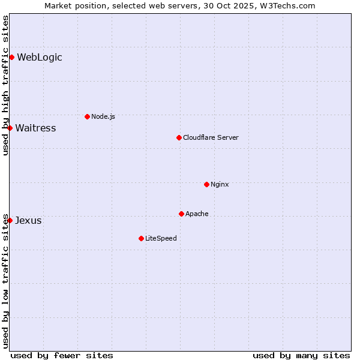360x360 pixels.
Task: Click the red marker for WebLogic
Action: (x=11, y=57)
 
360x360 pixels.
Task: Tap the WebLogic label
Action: (x=40, y=58)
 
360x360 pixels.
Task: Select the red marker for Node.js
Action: (x=87, y=116)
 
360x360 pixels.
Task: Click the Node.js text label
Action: (x=103, y=116)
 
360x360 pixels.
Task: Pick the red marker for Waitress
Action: (x=10, y=128)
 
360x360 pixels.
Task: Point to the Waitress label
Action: (x=35, y=128)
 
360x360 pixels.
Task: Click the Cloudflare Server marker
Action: (x=179, y=137)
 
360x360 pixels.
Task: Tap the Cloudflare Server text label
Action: (x=211, y=137)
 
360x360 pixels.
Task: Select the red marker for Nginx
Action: (x=206, y=184)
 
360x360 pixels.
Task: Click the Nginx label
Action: (x=220, y=184)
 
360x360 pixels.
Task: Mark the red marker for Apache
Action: (x=181, y=214)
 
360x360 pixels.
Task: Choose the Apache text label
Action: (x=197, y=214)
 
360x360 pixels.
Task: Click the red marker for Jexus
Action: (x=10, y=220)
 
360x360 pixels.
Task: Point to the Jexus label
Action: (x=28, y=220)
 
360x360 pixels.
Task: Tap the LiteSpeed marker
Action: (x=141, y=238)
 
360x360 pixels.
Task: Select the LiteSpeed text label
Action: (x=161, y=238)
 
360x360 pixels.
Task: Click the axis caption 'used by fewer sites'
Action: (x=62, y=355)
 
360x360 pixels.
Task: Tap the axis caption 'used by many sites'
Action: (x=301, y=355)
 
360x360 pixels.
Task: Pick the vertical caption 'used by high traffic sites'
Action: (x=5, y=85)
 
